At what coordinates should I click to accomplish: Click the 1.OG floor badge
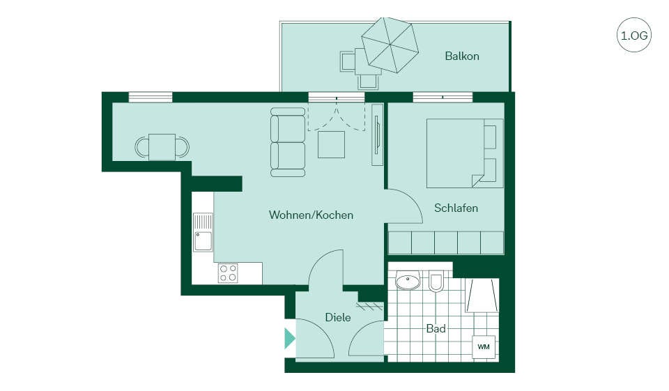634,35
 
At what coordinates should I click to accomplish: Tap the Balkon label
461,56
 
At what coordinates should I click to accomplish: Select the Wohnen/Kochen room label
311,215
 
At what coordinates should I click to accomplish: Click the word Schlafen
456,208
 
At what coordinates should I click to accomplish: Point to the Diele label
338,317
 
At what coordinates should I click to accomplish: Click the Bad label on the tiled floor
436,328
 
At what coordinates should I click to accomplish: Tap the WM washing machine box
484,346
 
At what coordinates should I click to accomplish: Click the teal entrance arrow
290,338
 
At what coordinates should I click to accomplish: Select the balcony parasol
390,45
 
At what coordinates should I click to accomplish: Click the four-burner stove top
228,273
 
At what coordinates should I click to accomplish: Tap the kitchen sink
203,233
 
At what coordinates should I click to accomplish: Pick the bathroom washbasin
408,281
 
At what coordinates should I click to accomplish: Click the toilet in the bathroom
436,282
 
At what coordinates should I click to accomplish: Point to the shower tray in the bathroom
482,296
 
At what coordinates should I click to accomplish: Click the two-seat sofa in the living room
288,142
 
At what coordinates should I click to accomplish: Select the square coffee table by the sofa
331,144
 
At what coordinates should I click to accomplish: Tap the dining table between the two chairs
162,147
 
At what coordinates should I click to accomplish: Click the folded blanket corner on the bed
477,180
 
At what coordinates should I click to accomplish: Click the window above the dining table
151,97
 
